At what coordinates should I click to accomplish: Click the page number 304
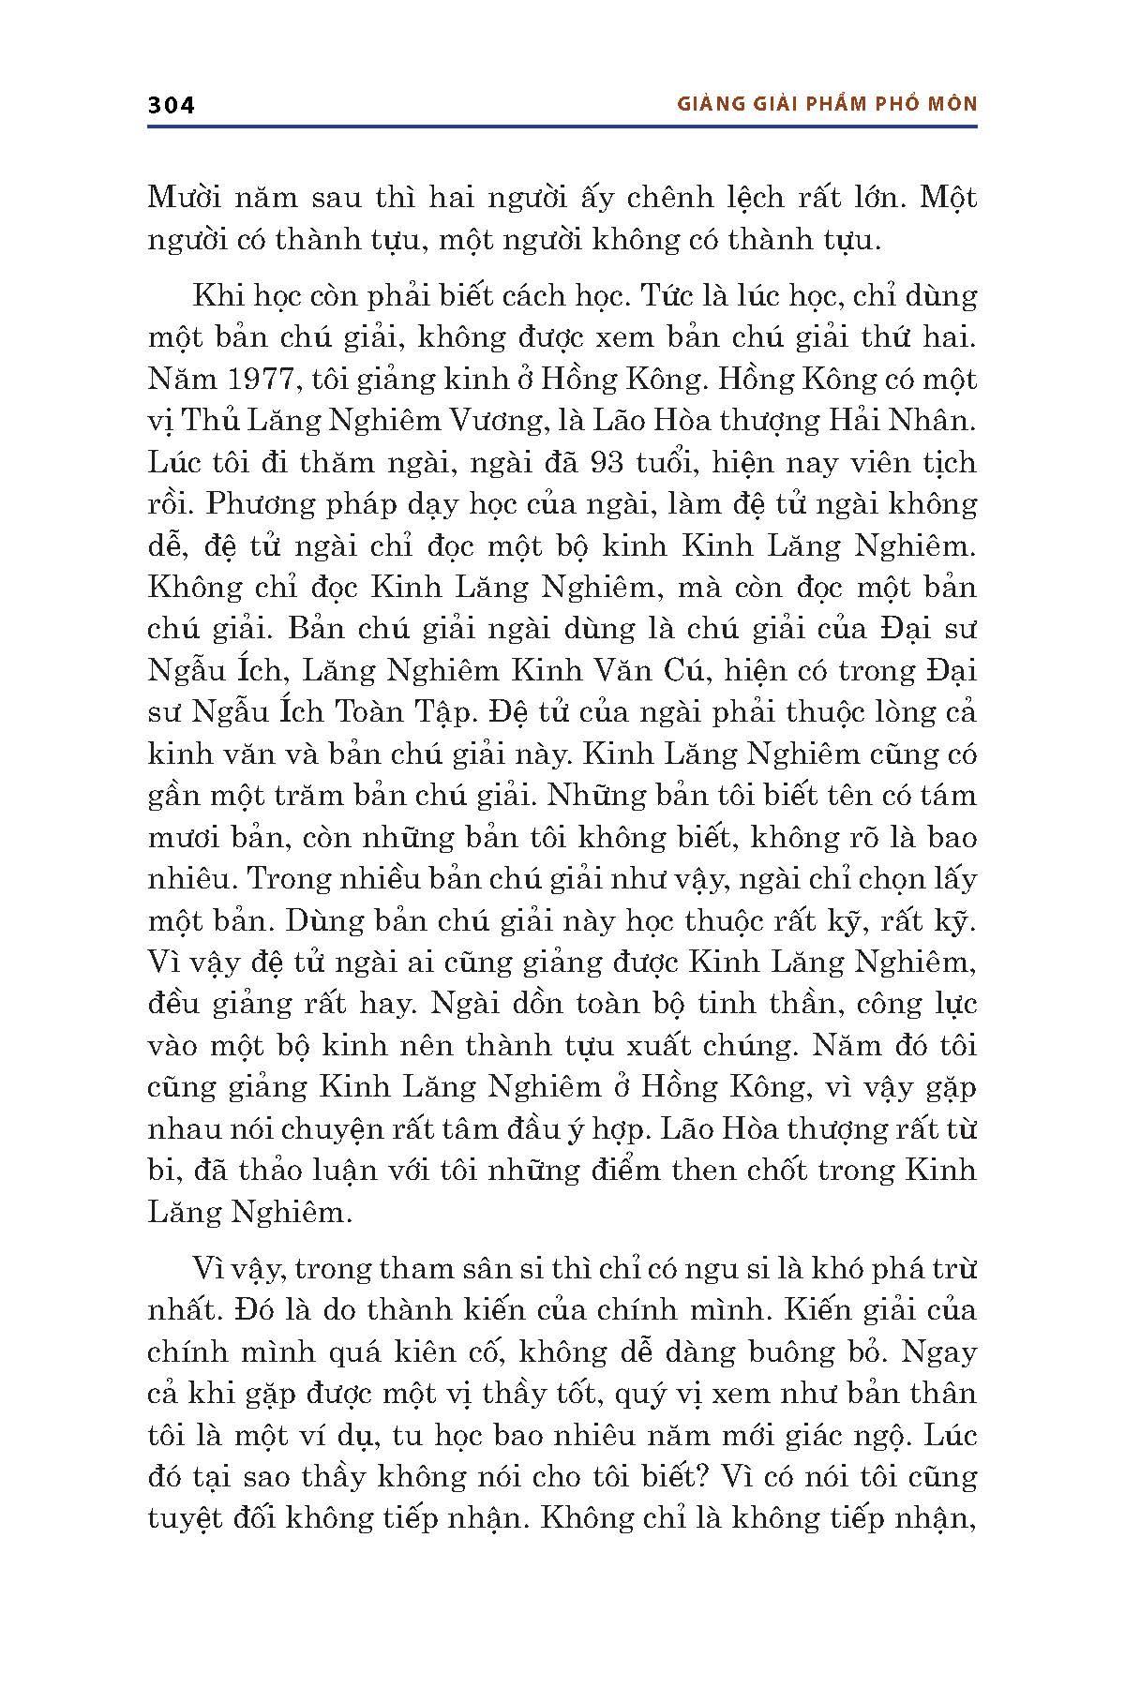pos(171,105)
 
